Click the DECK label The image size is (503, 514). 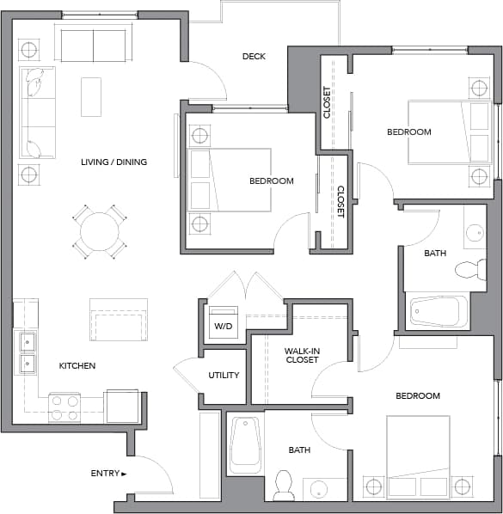coord(254,57)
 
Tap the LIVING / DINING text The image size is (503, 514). coord(113,162)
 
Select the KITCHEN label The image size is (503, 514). coord(77,365)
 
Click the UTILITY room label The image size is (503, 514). coord(224,376)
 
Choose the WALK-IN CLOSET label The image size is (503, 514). coord(301,355)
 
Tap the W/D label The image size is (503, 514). coord(223,327)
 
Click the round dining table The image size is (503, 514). coord(100,231)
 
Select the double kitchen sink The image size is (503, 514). coord(28,352)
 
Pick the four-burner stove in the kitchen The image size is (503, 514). coord(64,407)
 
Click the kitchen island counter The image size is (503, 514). coord(119,320)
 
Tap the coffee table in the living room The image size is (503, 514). coord(91,96)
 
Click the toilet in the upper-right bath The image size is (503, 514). coord(469,269)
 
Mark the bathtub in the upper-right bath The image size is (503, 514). coord(439,311)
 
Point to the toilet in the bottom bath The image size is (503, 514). coord(283,486)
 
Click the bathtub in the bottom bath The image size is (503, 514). coord(246,444)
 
